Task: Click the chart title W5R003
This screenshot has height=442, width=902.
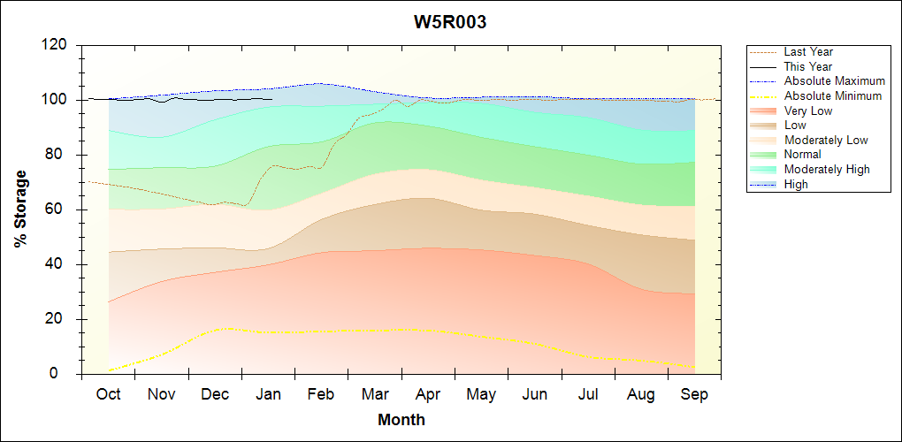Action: (x=450, y=22)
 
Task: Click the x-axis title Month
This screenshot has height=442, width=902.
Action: (x=401, y=420)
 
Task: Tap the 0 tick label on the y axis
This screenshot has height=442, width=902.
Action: (x=64, y=374)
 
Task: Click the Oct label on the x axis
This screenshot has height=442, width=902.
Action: (x=108, y=394)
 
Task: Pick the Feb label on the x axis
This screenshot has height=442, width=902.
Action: (x=321, y=394)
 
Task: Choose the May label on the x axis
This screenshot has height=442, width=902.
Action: (x=481, y=394)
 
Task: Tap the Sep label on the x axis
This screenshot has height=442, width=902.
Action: (x=694, y=394)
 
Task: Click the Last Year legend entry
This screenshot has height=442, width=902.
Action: (x=808, y=52)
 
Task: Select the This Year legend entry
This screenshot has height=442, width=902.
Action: (x=808, y=66)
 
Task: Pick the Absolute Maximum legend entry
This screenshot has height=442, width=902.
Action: (x=834, y=81)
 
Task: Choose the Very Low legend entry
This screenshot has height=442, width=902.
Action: (x=808, y=110)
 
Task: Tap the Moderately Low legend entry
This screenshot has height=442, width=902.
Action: (x=826, y=140)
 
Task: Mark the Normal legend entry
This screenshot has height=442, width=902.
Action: (x=802, y=155)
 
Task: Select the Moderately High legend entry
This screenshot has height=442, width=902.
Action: (x=827, y=169)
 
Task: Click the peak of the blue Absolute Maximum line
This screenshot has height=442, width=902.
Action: (x=318, y=83)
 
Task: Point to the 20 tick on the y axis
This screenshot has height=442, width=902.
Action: (x=59, y=319)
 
